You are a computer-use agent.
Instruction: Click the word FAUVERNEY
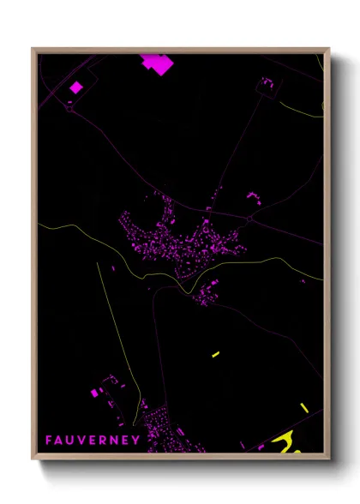pos(93,440)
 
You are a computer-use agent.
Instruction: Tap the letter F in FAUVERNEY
pos(50,440)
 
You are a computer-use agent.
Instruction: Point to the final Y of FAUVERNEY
pos(136,440)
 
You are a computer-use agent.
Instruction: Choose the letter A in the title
pos(60,440)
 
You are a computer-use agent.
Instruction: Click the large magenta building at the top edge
pos(156,63)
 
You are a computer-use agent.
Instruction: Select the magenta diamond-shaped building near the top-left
pos(75,87)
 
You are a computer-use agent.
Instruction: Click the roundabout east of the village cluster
pos(249,219)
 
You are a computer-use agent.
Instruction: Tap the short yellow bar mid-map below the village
pos(215,354)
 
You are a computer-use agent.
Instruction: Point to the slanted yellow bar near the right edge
pos(304,407)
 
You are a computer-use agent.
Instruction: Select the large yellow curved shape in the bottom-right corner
pos(284,442)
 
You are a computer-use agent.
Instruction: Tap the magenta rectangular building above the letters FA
pos(94,393)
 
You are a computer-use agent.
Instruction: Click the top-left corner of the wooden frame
pos(33,49)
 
